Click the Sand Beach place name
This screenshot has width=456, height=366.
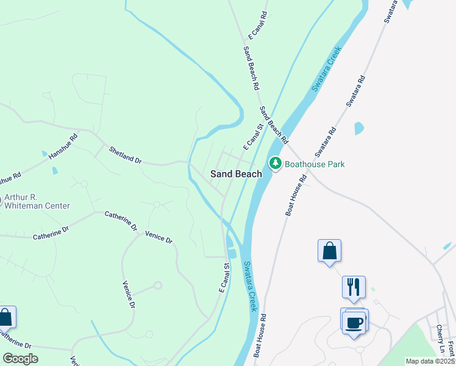click(x=236, y=174)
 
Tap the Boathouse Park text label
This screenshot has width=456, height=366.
click(x=315, y=164)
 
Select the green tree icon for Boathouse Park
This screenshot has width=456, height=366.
click(x=276, y=163)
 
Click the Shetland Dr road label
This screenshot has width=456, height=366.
click(x=125, y=155)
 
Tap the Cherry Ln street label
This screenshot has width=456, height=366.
click(x=440, y=339)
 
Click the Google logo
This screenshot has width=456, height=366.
click(x=20, y=359)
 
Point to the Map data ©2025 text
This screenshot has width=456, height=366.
click(x=430, y=361)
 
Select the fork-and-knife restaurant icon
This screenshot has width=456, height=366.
click(x=354, y=287)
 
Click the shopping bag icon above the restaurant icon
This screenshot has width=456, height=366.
click(x=329, y=251)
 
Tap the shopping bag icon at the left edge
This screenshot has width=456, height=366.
click(x=5, y=318)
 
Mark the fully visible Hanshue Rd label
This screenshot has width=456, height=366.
click(x=64, y=146)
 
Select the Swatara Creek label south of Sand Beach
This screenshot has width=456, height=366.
click(x=249, y=286)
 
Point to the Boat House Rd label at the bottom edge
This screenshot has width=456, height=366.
click(x=260, y=335)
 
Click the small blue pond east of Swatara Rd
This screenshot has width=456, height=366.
click(x=359, y=128)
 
